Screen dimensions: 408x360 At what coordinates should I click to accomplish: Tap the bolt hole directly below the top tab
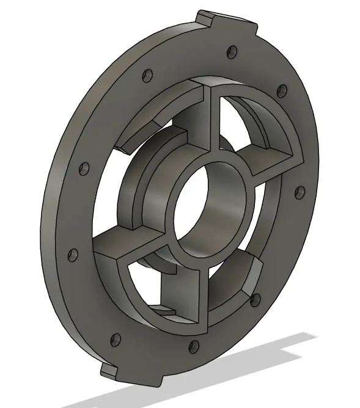point(230,51)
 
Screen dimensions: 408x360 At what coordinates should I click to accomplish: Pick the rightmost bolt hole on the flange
point(299,194)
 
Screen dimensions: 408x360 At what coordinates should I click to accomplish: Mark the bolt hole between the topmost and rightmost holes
point(281,91)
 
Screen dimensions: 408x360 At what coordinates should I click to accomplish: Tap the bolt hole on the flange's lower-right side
point(256,299)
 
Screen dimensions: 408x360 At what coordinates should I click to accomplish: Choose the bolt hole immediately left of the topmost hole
point(147,76)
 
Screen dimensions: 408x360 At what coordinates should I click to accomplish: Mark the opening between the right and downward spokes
point(235,269)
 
